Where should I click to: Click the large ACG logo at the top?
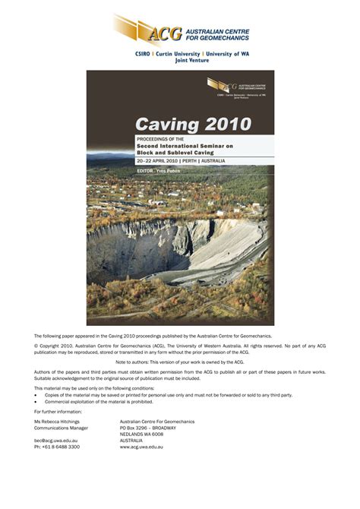[180, 30]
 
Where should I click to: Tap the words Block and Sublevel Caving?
[169, 152]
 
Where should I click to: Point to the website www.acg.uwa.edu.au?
[141, 447]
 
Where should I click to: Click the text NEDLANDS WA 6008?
[141, 434]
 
